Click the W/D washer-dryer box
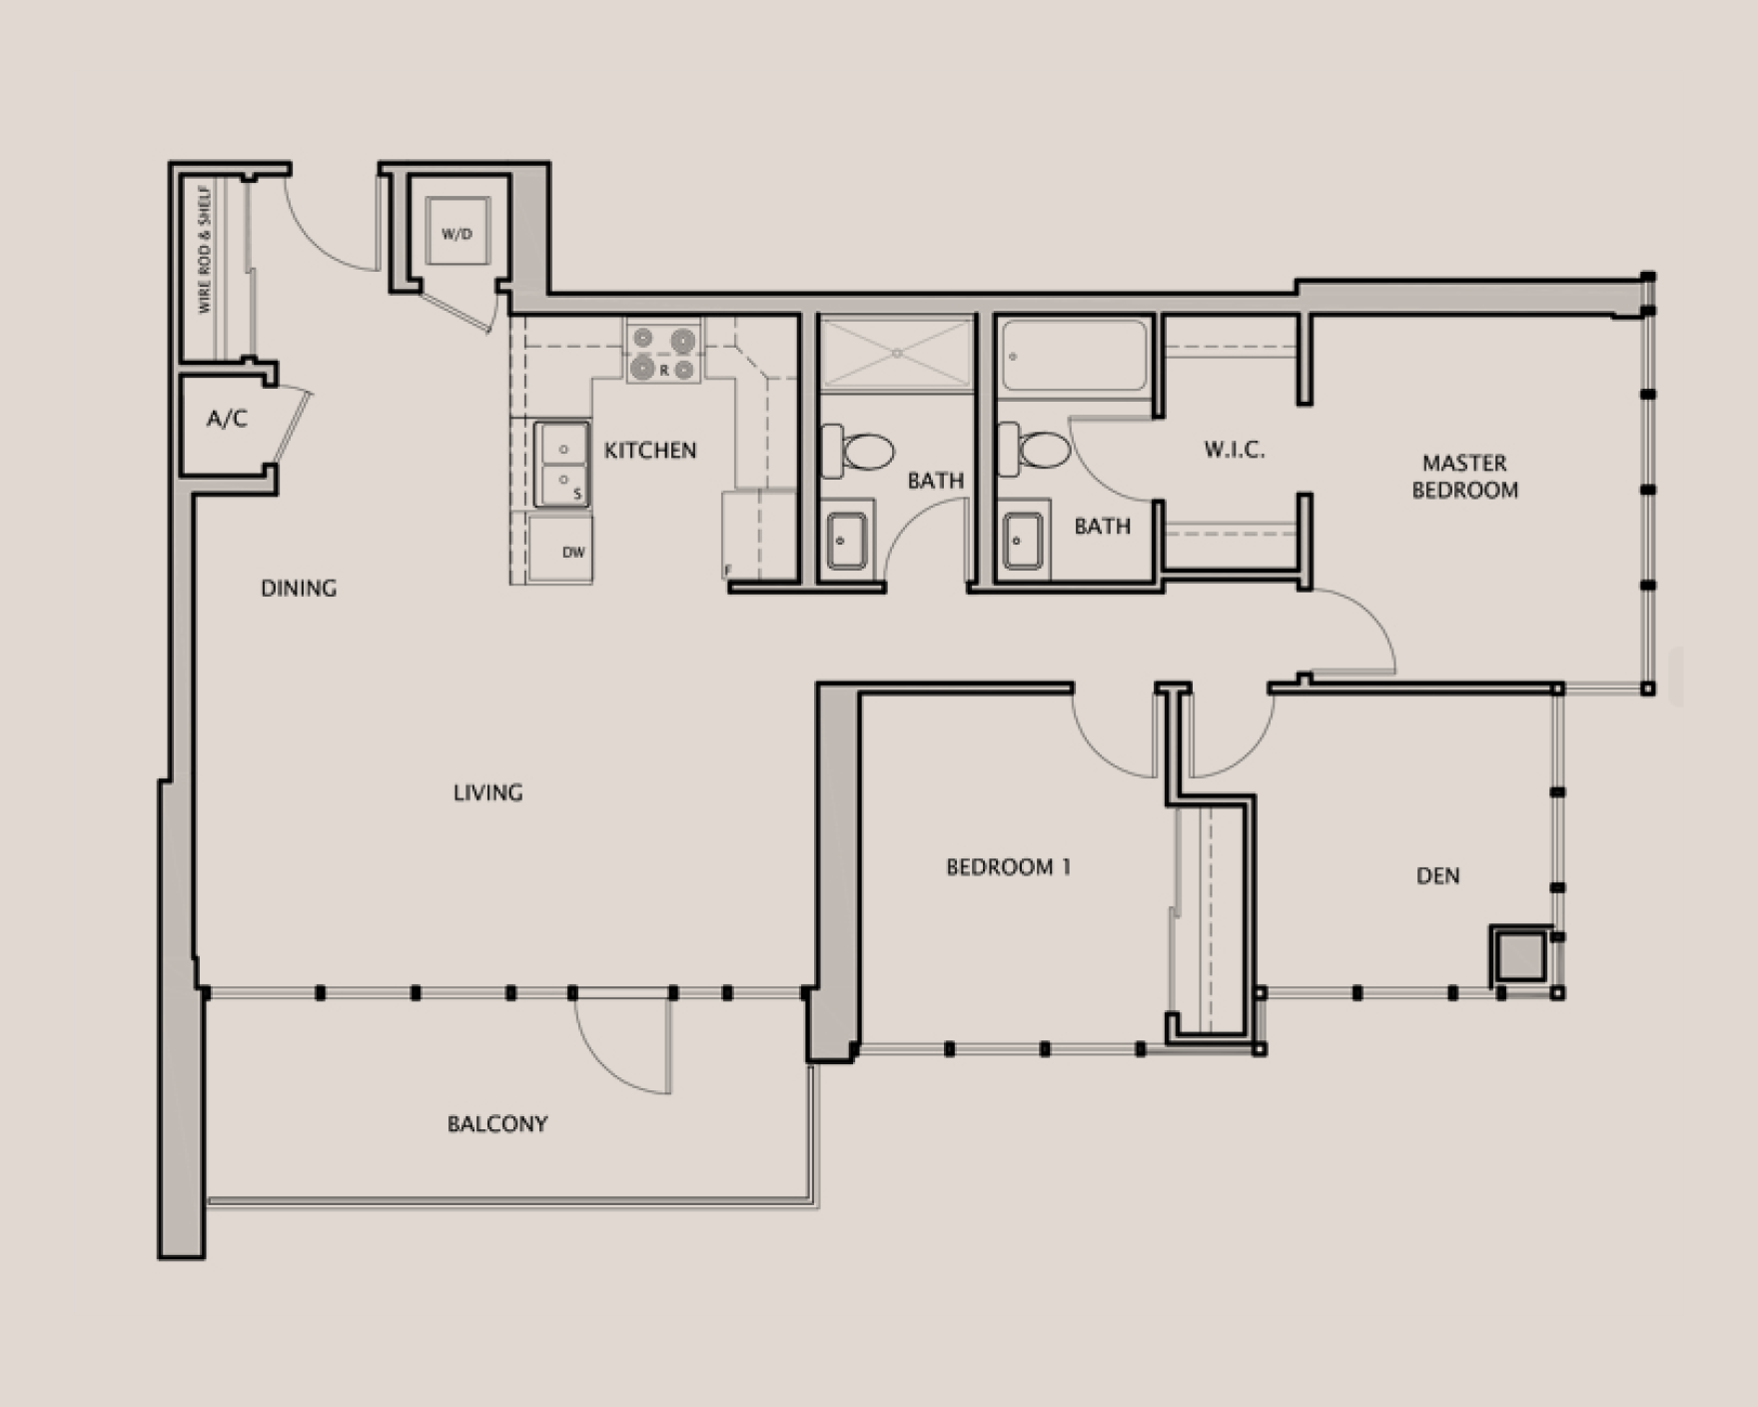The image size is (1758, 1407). click(456, 233)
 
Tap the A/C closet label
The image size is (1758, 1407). click(227, 419)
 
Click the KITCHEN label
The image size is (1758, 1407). click(649, 451)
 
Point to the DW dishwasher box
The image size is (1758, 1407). click(560, 549)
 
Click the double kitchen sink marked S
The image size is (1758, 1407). click(560, 464)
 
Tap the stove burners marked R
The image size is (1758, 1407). click(663, 354)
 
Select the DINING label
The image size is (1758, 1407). click(299, 589)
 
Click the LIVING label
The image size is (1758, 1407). click(487, 792)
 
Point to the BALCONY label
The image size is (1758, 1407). click(497, 1124)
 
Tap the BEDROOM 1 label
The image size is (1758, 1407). click(1008, 867)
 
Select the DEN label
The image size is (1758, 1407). click(1437, 876)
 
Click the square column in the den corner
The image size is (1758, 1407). click(1519, 957)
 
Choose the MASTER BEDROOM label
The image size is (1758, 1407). click(1464, 477)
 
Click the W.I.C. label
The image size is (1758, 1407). click(1235, 450)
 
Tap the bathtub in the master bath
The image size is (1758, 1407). click(1074, 356)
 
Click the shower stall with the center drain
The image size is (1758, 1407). click(896, 352)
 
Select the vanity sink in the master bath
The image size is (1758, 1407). click(1023, 541)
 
